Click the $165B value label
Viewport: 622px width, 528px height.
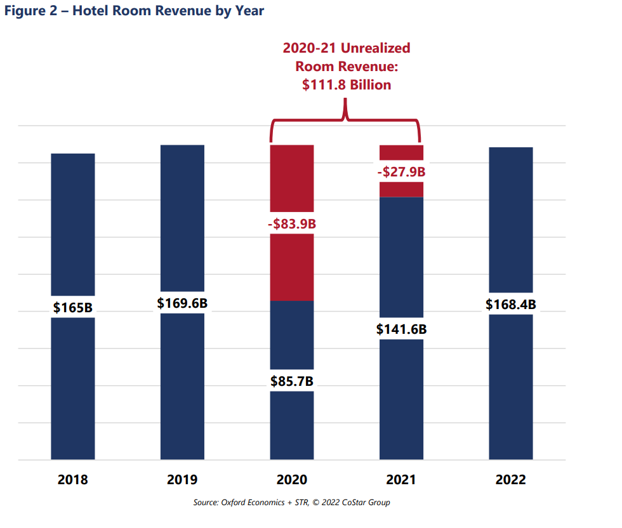click(73, 307)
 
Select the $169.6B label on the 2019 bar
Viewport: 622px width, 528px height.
click(182, 303)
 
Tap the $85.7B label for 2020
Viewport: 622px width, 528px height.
click(292, 381)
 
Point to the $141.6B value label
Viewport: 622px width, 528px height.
click(401, 329)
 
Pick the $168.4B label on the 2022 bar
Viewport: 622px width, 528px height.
click(511, 304)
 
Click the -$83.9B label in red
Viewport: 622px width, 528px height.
click(292, 223)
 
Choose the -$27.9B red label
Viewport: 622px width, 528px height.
click(401, 171)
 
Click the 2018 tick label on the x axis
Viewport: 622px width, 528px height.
click(73, 480)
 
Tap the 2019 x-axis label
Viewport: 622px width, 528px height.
click(182, 480)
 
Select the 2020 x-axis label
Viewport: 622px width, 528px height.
click(292, 480)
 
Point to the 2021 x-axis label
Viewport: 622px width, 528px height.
click(401, 480)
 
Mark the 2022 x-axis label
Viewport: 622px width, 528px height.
click(511, 480)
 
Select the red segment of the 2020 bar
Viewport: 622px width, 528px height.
click(292, 267)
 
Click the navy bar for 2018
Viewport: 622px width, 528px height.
click(73, 393)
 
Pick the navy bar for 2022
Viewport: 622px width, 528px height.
click(511, 393)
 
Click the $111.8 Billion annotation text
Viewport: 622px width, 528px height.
click(347, 84)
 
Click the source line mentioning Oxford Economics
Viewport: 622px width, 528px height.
click(292, 503)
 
